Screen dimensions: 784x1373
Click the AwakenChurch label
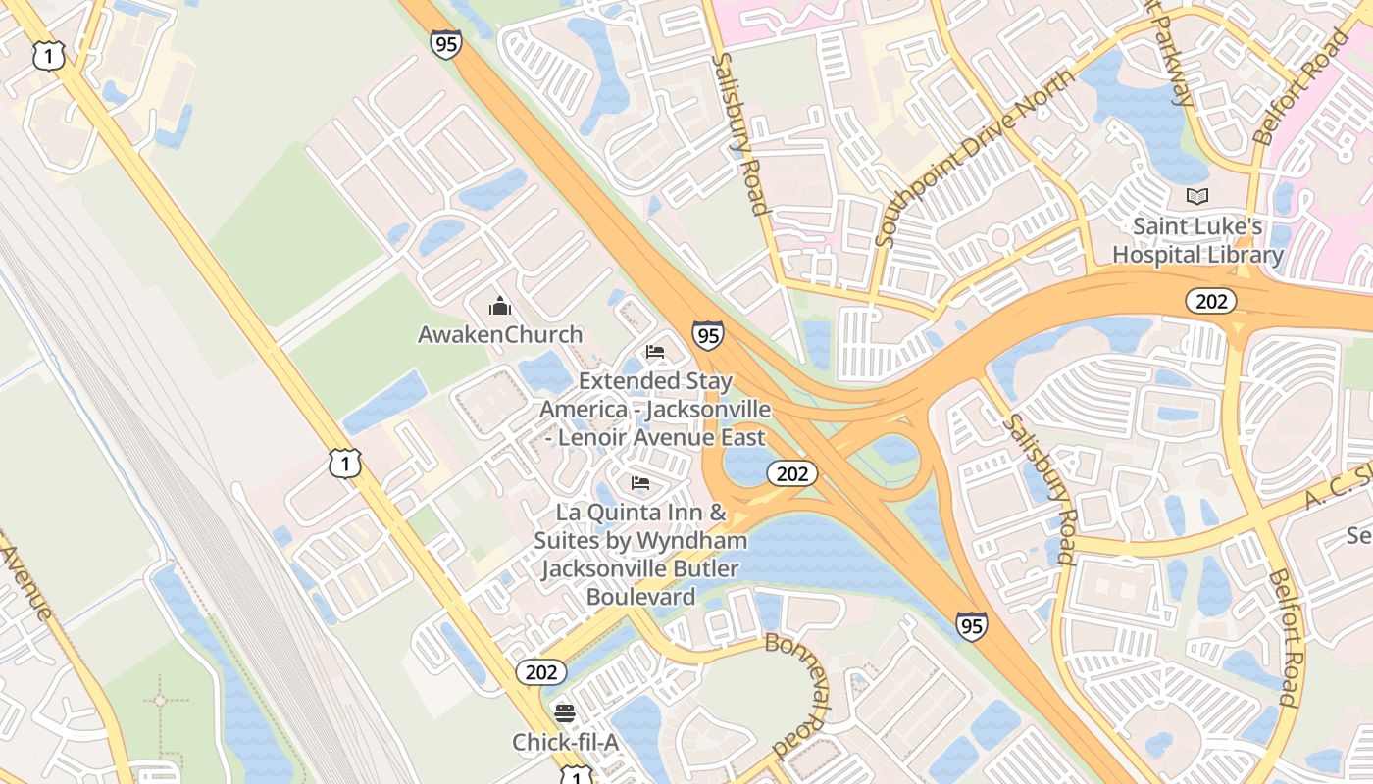coord(500,334)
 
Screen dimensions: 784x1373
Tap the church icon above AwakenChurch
coord(500,306)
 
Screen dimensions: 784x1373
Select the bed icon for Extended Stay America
coord(655,351)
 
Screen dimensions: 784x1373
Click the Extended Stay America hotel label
coord(655,408)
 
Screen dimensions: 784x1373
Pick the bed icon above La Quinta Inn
coord(640,482)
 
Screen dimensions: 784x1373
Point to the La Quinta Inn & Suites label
coord(641,554)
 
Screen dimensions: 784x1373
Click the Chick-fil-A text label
coord(565,743)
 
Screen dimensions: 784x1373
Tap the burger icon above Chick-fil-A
coord(565,712)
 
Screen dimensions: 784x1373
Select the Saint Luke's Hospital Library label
coord(1196,240)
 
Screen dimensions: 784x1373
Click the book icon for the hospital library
coord(1196,195)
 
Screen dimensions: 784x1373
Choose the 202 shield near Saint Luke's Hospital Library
coord(1210,301)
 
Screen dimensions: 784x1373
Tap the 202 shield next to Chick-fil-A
coord(540,672)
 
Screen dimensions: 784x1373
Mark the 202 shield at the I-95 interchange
coord(791,474)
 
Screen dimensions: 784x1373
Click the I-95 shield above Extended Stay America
coord(707,335)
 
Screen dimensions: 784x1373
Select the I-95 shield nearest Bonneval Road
coord(971,625)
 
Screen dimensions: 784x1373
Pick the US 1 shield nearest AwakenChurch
coord(345,463)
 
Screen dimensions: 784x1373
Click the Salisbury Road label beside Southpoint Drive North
coord(740,133)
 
